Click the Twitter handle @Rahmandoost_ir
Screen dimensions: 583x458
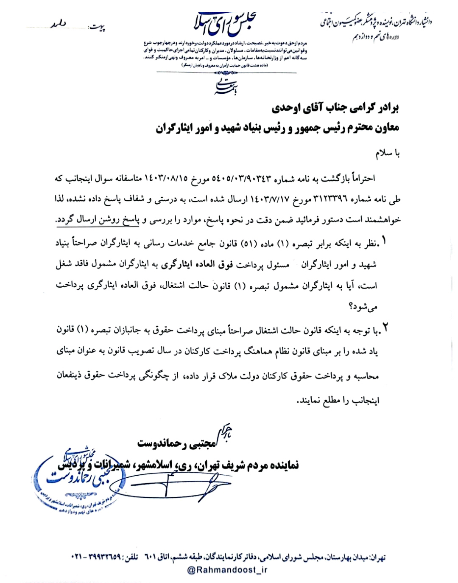tap(228, 570)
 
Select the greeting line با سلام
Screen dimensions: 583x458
tap(387, 153)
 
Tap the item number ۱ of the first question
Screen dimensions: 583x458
tap(384, 242)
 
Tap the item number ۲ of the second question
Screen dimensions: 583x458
tap(385, 329)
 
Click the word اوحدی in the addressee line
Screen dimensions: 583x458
tap(286, 108)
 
